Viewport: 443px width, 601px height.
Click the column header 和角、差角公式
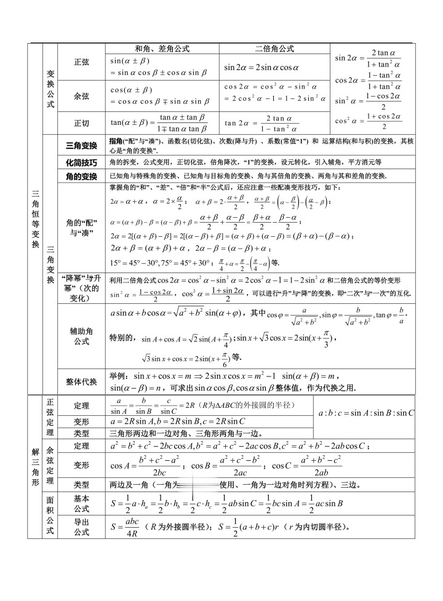162,49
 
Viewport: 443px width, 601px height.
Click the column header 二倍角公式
274,49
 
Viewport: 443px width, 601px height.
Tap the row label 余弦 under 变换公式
81,96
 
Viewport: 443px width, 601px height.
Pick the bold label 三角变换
81,146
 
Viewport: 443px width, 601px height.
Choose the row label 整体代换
81,381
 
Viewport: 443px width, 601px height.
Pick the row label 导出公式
81,527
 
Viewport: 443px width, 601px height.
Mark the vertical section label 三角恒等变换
35,218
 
